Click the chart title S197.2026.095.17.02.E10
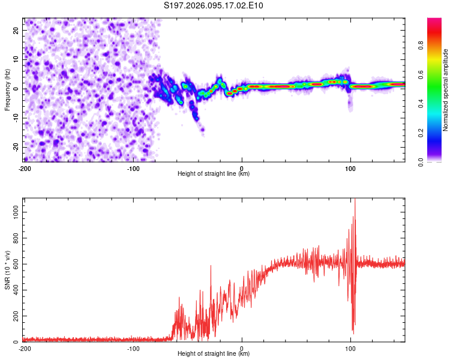coord(214,6)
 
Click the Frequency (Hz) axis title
coord(7,89)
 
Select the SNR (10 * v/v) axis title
coord(7,270)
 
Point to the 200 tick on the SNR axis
coord(14,316)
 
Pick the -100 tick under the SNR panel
coord(133,349)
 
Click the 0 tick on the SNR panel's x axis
coord(242,349)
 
